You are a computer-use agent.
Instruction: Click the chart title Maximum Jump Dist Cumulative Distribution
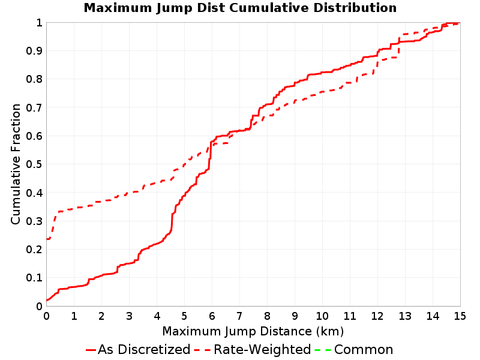[240, 8]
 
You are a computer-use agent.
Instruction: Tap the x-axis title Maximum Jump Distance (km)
[253, 332]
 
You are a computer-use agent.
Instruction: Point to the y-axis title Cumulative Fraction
[16, 164]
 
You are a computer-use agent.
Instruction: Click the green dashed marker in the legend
[323, 350]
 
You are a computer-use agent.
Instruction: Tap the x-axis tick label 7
[239, 316]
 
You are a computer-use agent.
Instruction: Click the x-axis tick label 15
[460, 316]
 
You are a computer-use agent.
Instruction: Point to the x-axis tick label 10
[322, 316]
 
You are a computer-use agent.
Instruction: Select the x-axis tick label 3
[129, 316]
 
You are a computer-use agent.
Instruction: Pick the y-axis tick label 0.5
[34, 164]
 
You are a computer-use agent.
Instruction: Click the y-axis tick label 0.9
[34, 51]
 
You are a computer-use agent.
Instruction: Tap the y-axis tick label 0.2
[34, 250]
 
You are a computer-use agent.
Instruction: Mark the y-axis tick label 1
[39, 23]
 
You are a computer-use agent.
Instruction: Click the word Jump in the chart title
[175, 8]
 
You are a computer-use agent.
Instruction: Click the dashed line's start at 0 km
[47, 239]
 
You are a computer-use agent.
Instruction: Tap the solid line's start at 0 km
[47, 300]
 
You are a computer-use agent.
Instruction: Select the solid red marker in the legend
[91, 350]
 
